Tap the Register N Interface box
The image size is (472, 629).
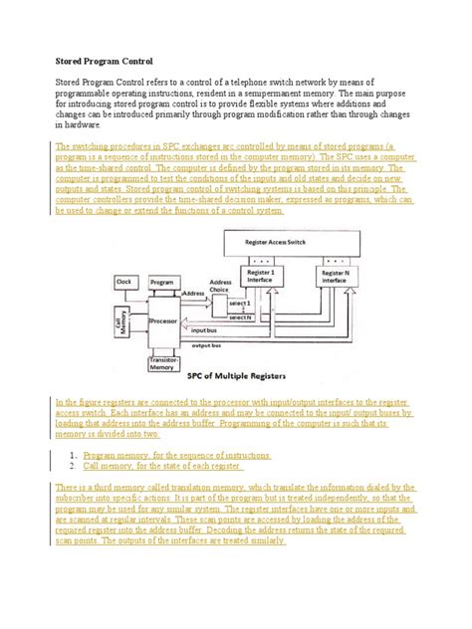(x=334, y=276)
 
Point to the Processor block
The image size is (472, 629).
(x=163, y=321)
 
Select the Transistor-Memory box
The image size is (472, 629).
(x=163, y=363)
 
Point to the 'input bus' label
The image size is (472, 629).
(x=205, y=327)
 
